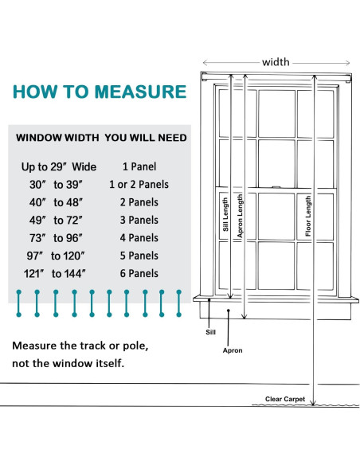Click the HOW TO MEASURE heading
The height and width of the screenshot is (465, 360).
pos(100,92)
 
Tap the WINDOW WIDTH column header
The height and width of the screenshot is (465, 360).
pos(57,138)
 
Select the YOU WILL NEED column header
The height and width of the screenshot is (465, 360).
pos(146,138)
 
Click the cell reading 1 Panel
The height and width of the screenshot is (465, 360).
pos(139,166)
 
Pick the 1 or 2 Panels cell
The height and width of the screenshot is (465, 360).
pos(139,185)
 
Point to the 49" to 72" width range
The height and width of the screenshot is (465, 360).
pos(56,221)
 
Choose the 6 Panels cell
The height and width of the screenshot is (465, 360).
pos(139,273)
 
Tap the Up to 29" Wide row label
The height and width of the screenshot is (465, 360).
pos(59,166)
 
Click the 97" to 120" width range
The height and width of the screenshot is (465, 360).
pos(56,256)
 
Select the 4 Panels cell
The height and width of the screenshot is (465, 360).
pos(139,238)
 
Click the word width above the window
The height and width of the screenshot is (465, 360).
pos(276,62)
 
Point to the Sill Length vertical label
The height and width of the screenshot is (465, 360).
pos(225,214)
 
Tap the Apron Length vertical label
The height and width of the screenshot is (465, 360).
pos(240,215)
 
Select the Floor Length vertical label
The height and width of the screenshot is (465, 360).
pos(308,217)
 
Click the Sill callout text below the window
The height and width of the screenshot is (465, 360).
pos(210,332)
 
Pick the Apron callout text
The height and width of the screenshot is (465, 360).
pos(233,350)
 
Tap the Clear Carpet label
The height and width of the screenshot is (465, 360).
pos(285,399)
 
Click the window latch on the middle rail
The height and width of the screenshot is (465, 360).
pos(276,187)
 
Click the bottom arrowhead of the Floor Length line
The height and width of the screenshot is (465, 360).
pos(314,404)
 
